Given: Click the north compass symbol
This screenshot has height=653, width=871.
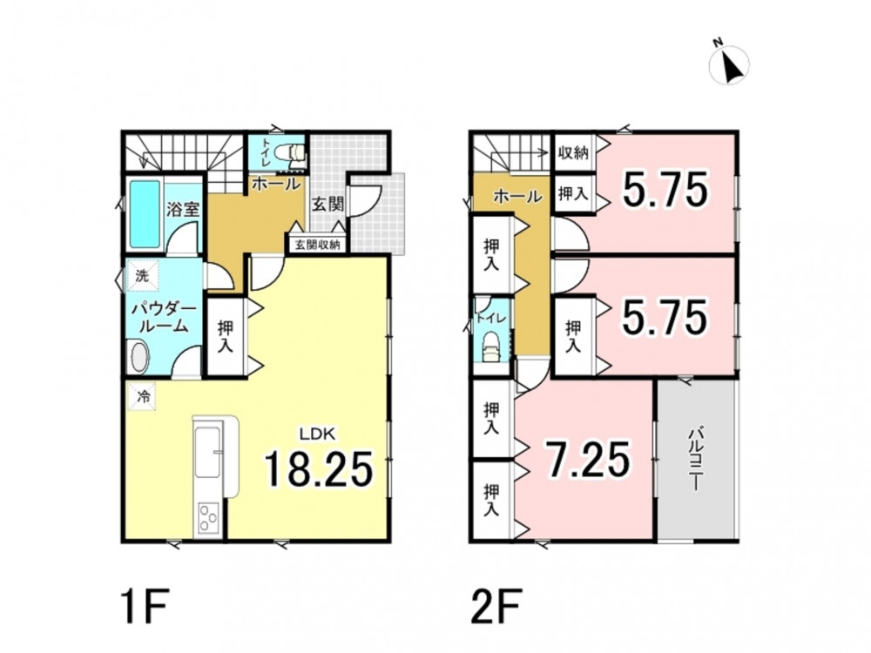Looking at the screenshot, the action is click(729, 64).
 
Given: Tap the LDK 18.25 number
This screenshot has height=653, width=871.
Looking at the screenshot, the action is click(318, 468).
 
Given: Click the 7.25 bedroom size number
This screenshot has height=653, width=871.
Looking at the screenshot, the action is click(588, 460).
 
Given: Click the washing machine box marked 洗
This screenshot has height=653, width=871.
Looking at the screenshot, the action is click(143, 276).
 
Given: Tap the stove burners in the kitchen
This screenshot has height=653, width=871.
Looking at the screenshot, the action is click(208, 517).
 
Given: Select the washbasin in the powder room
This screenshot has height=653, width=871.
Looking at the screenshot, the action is click(138, 357).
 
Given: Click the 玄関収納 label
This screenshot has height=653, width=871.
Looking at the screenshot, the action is click(317, 245).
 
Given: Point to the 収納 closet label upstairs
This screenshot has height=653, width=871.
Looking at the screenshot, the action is click(573, 151).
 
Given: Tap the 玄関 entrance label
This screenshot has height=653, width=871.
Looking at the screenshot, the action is click(327, 204).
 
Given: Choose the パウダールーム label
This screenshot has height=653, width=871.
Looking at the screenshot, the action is click(164, 318).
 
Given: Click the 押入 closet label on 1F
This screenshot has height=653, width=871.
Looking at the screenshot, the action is click(226, 336).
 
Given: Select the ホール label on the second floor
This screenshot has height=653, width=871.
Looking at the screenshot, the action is click(517, 196).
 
